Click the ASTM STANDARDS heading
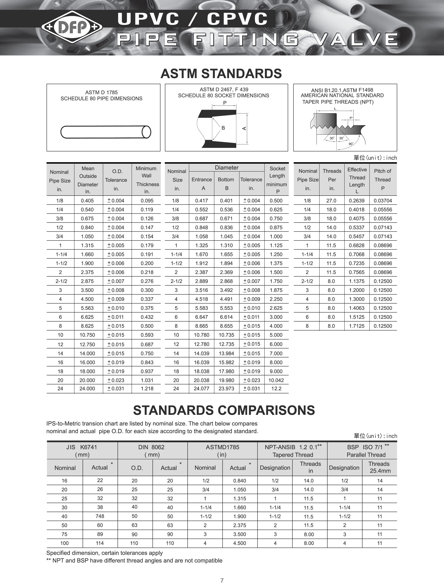pos(221,74)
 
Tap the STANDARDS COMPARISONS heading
pos(224,410)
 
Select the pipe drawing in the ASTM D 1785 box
pos(106,132)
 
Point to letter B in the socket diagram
pos(223,128)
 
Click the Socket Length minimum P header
pos(277,180)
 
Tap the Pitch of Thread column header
pos(382,180)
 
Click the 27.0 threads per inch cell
pos(331,201)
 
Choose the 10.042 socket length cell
pos(276,380)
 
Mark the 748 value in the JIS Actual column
pos(100,516)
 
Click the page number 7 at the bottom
pos(222,580)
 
